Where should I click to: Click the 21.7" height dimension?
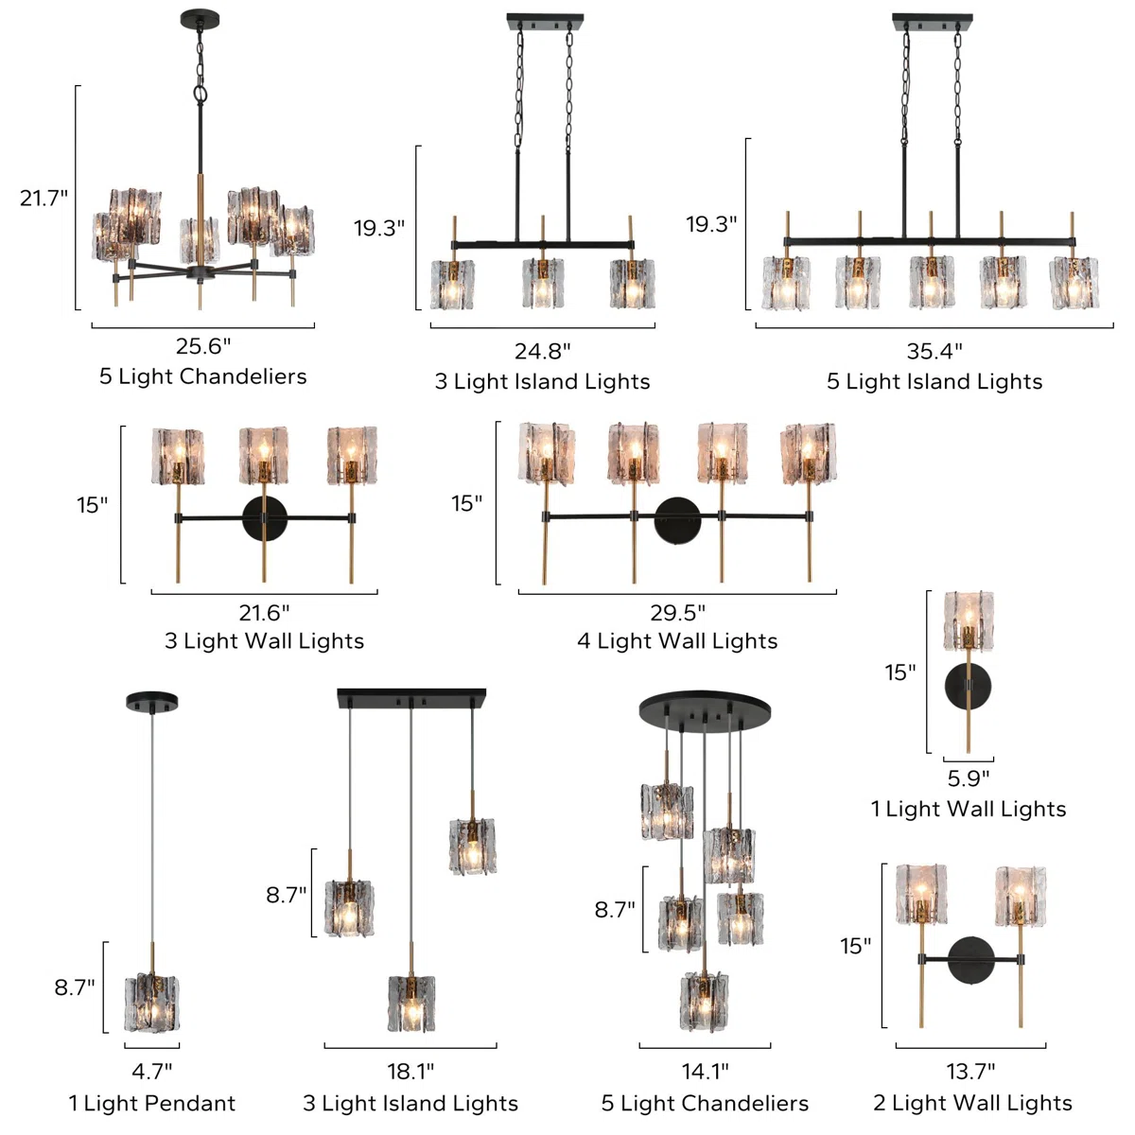point(44,199)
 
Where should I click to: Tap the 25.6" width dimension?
point(203,346)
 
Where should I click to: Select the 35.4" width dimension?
point(934,351)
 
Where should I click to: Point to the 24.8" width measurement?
point(543,351)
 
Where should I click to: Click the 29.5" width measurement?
point(677,613)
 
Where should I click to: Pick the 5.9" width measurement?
point(969,778)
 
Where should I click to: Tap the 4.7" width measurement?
point(152,1071)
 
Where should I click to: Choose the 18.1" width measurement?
point(410,1071)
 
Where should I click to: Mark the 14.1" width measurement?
point(705,1071)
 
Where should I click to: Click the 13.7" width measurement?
point(970,1071)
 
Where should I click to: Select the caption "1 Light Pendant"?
point(152,1103)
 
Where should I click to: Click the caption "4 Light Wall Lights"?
point(677,640)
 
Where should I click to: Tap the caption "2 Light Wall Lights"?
point(972,1103)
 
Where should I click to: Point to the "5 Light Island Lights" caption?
point(934,381)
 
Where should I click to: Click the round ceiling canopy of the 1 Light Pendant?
point(152,701)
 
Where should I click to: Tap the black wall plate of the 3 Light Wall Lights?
point(265,519)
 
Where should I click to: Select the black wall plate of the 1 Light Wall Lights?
point(968,686)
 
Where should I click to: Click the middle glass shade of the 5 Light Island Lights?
point(932,282)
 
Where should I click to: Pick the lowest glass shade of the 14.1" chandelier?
point(705,1003)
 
